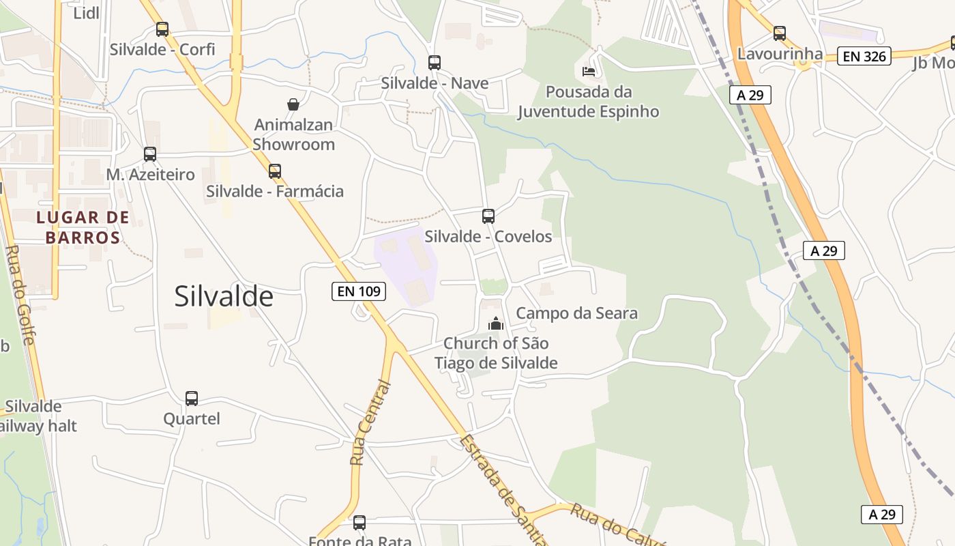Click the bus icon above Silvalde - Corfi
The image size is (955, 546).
tap(162, 29)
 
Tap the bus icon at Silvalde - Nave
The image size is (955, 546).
tap(435, 63)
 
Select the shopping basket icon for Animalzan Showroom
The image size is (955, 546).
tap(293, 104)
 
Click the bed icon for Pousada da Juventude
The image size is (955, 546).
tap(589, 71)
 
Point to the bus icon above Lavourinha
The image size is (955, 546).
tap(780, 33)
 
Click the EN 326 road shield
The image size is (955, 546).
tap(864, 56)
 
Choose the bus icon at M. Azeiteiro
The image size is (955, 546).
tap(150, 154)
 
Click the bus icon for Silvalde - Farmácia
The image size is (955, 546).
tap(275, 171)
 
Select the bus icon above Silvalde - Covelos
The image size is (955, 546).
tap(488, 216)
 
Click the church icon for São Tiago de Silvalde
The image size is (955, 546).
tap(496, 324)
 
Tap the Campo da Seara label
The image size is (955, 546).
tap(576, 313)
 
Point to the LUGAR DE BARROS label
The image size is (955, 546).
tap(83, 227)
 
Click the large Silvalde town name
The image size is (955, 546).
tap(224, 296)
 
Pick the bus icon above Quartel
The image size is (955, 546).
tap(192, 398)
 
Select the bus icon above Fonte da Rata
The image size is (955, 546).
tap(359, 523)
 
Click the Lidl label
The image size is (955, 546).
tap(86, 12)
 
